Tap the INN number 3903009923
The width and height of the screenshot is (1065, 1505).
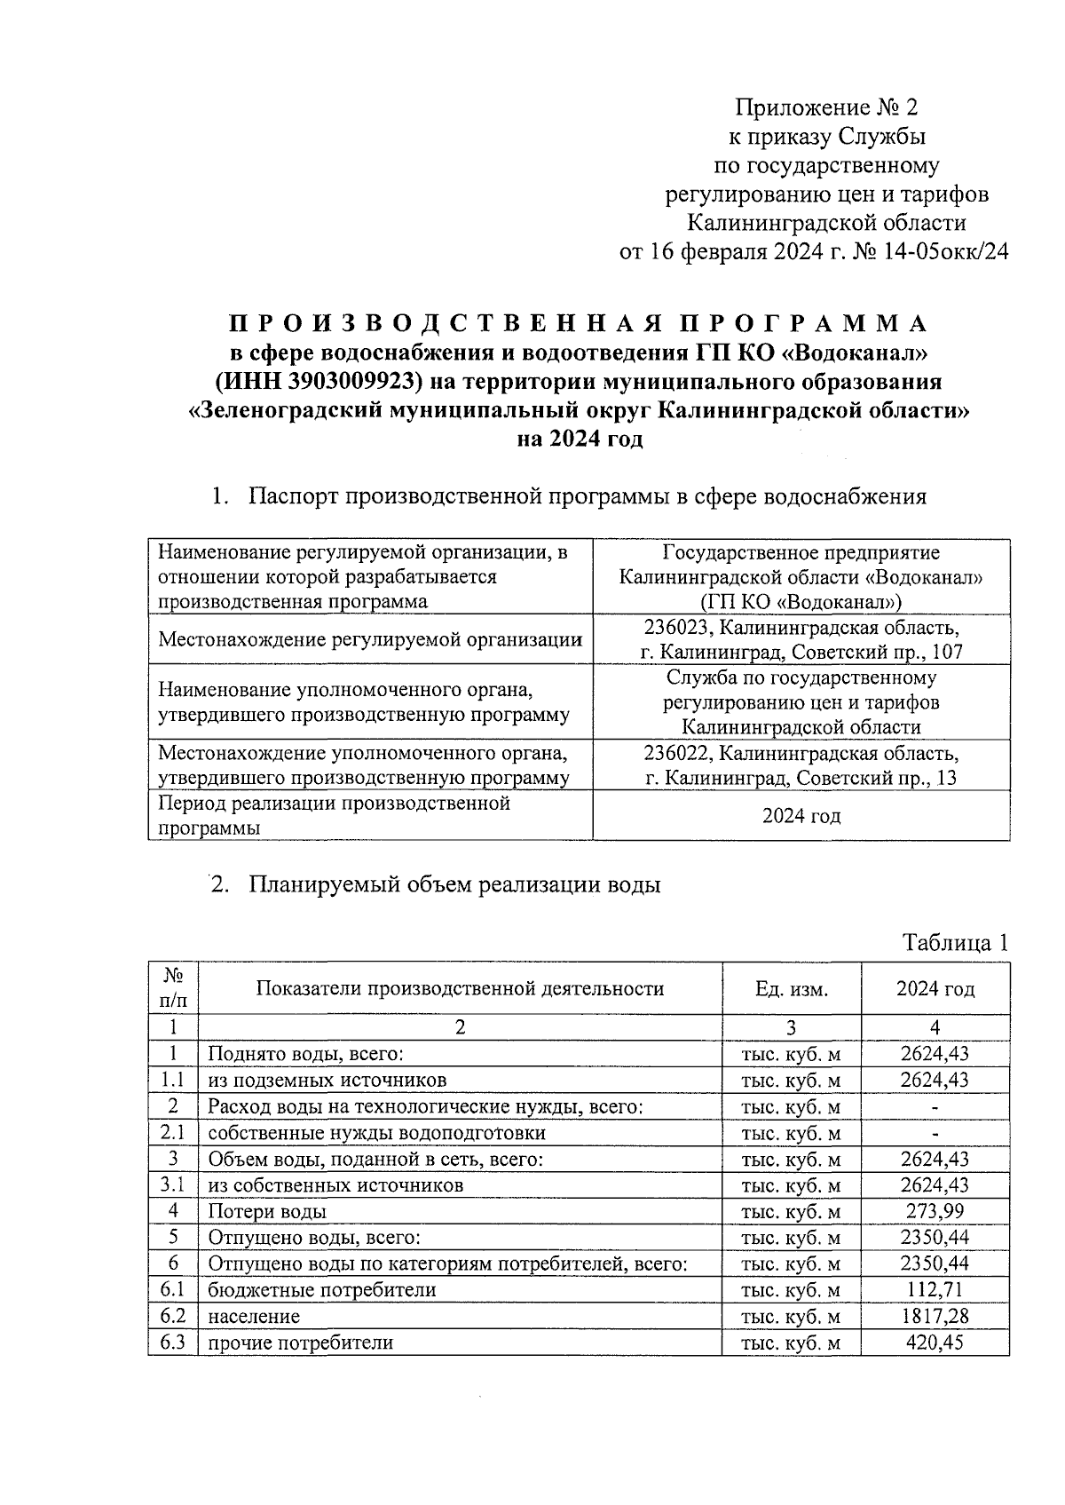pyautogui.click(x=352, y=381)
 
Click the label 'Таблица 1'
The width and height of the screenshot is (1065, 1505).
pyautogui.click(x=955, y=943)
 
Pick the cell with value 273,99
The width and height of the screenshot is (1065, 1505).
pyautogui.click(x=935, y=1211)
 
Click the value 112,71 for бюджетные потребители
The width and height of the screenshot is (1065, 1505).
pyautogui.click(x=935, y=1289)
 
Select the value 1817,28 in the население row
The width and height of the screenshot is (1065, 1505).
pyautogui.click(x=935, y=1316)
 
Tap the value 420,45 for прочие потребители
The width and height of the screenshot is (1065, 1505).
pyautogui.click(x=935, y=1342)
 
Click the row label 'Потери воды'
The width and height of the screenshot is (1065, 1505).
pyautogui.click(x=267, y=1211)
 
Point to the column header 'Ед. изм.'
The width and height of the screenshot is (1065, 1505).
pyautogui.click(x=791, y=989)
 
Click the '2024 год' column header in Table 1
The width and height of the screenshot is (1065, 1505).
pyautogui.click(x=935, y=989)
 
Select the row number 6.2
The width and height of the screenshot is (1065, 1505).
pyautogui.click(x=173, y=1316)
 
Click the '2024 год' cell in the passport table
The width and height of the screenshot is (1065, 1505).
pyautogui.click(x=801, y=816)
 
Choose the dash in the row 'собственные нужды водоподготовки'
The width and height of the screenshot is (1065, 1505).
pyautogui.click(x=935, y=1134)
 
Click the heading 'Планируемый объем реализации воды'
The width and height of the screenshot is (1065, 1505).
pyautogui.click(x=454, y=885)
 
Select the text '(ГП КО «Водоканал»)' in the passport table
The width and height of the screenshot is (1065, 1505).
pyautogui.click(x=801, y=601)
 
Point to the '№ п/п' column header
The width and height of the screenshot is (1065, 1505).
pyautogui.click(x=174, y=988)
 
